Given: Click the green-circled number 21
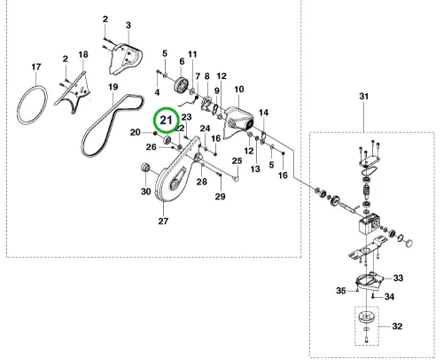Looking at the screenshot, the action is pyautogui.click(x=166, y=121).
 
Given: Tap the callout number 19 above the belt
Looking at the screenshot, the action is pyautogui.click(x=113, y=87).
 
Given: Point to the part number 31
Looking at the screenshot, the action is pyautogui.click(x=364, y=97).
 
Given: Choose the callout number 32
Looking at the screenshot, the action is pyautogui.click(x=397, y=326).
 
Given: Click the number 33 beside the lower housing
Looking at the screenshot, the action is pyautogui.click(x=398, y=278).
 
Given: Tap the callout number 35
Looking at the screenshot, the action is pyautogui.click(x=341, y=291).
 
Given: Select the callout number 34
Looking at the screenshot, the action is pyautogui.click(x=389, y=296).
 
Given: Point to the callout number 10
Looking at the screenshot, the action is pyautogui.click(x=239, y=90).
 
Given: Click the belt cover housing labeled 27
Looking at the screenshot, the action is pyautogui.click(x=175, y=171).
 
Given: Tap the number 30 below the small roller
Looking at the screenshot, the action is pyautogui.click(x=146, y=192).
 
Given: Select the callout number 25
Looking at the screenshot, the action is pyautogui.click(x=237, y=161).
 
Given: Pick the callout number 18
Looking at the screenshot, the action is pyautogui.click(x=83, y=54).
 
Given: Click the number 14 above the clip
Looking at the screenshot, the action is pyautogui.click(x=264, y=113).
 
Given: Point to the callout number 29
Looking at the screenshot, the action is pyautogui.click(x=220, y=196).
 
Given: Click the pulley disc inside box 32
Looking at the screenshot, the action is pyautogui.click(x=367, y=318).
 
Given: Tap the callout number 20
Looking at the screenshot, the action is pyautogui.click(x=136, y=132).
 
